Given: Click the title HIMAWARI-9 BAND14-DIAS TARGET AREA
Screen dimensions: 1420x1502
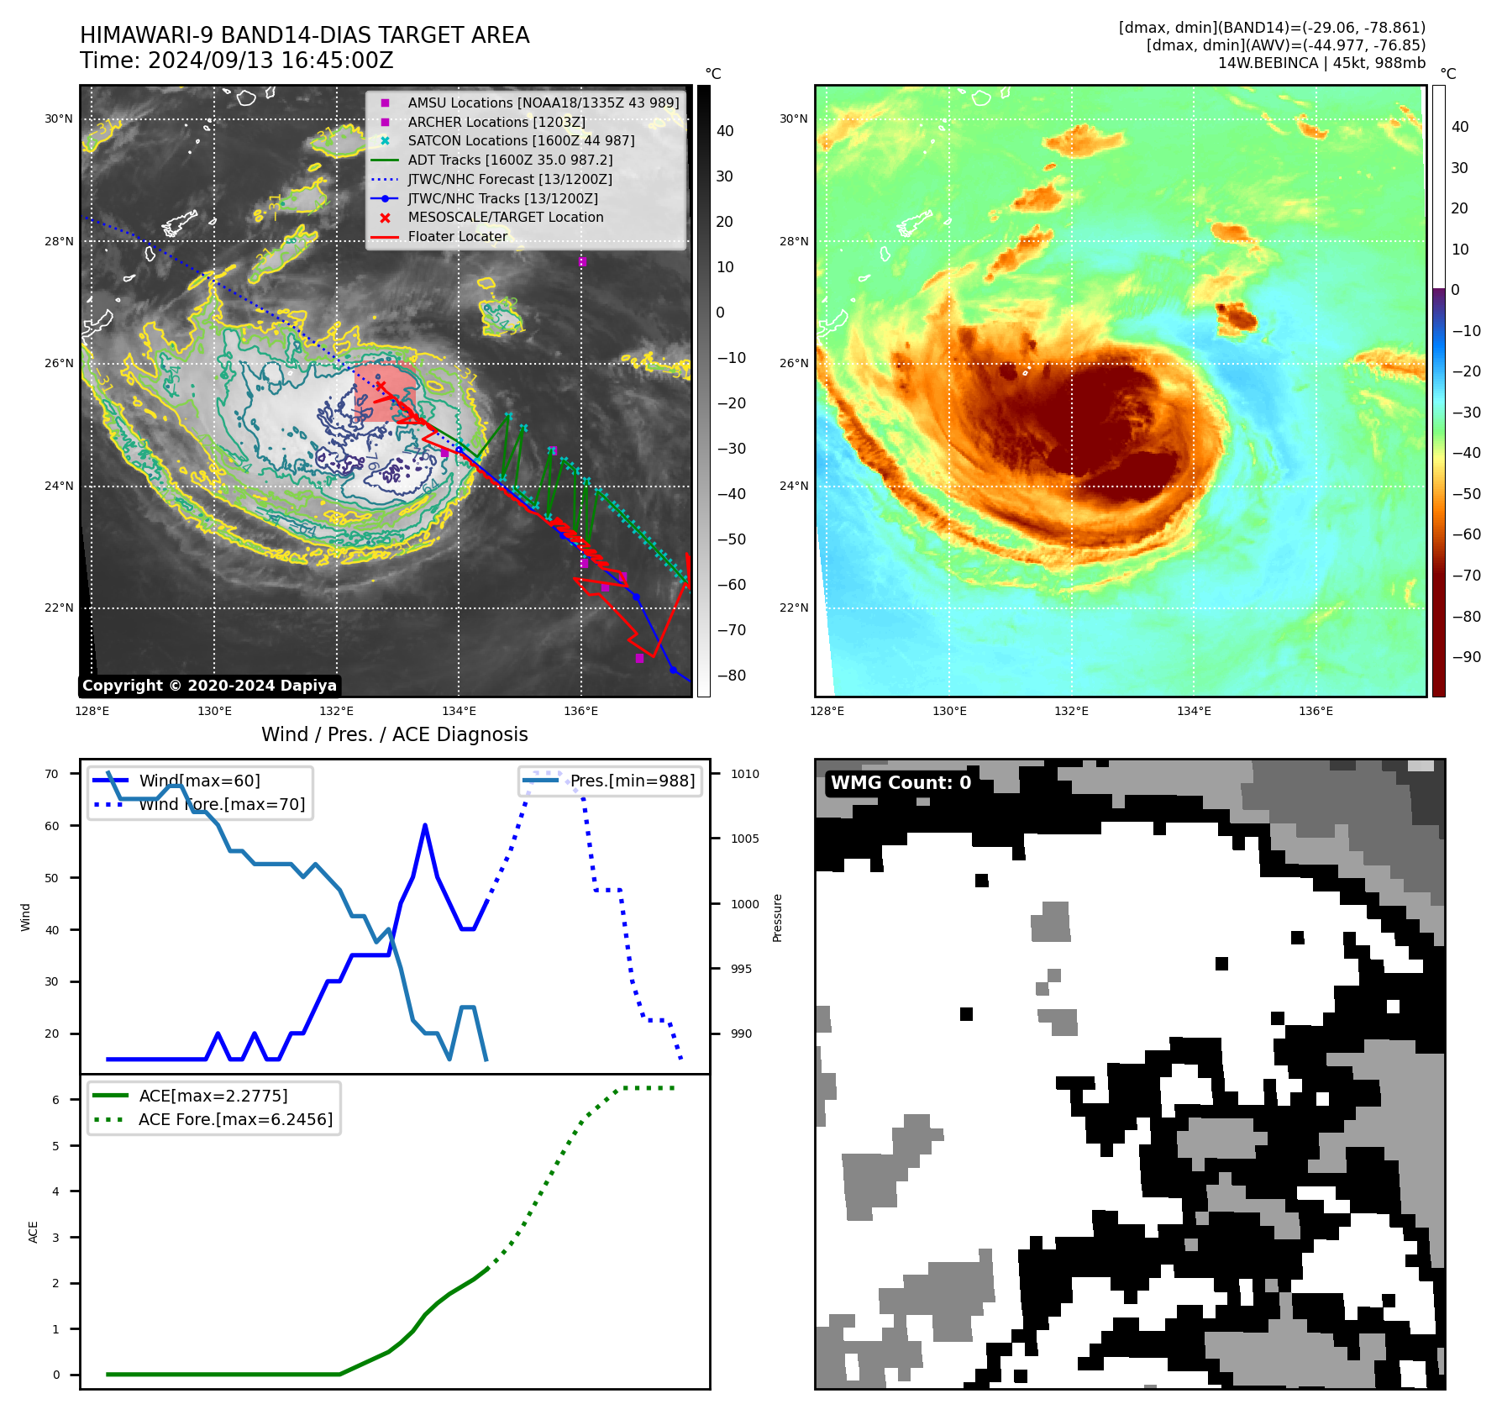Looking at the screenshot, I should pos(304,35).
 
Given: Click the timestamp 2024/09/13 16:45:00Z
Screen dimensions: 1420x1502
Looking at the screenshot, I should pos(270,60).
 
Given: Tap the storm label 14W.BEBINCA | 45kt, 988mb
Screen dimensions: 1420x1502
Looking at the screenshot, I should pos(1321,63).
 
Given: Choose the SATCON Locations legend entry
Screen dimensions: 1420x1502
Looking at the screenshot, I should pos(521,141).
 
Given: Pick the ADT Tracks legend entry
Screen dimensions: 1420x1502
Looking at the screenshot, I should pos(510,160).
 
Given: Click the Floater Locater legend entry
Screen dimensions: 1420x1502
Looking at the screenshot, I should pos(457,237).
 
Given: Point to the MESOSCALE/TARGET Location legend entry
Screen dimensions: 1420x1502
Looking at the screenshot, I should pos(505,218).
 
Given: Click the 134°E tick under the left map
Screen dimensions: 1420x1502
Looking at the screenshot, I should pos(459,712).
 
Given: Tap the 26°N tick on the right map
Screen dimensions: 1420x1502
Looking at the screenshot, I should pos(793,364).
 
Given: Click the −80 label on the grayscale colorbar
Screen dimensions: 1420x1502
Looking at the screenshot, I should pos(731,676).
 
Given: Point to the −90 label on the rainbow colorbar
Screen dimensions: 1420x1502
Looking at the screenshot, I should pos(1466,657).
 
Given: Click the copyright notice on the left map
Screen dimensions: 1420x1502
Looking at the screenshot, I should pos(209,686).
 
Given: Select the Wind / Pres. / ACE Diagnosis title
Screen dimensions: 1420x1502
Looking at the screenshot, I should pos(394,734).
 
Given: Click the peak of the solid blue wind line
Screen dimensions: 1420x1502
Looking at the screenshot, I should pos(425,825).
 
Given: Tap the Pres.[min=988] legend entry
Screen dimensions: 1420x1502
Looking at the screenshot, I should pos(632,781).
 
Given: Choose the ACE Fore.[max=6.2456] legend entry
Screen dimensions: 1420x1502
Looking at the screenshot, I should pos(235,1119).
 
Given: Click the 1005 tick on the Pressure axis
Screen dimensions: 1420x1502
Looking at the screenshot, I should pos(744,839).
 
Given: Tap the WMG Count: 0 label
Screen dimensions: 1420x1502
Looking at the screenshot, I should pos(901,783).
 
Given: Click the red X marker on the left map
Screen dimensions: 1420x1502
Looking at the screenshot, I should pos(381,387).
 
